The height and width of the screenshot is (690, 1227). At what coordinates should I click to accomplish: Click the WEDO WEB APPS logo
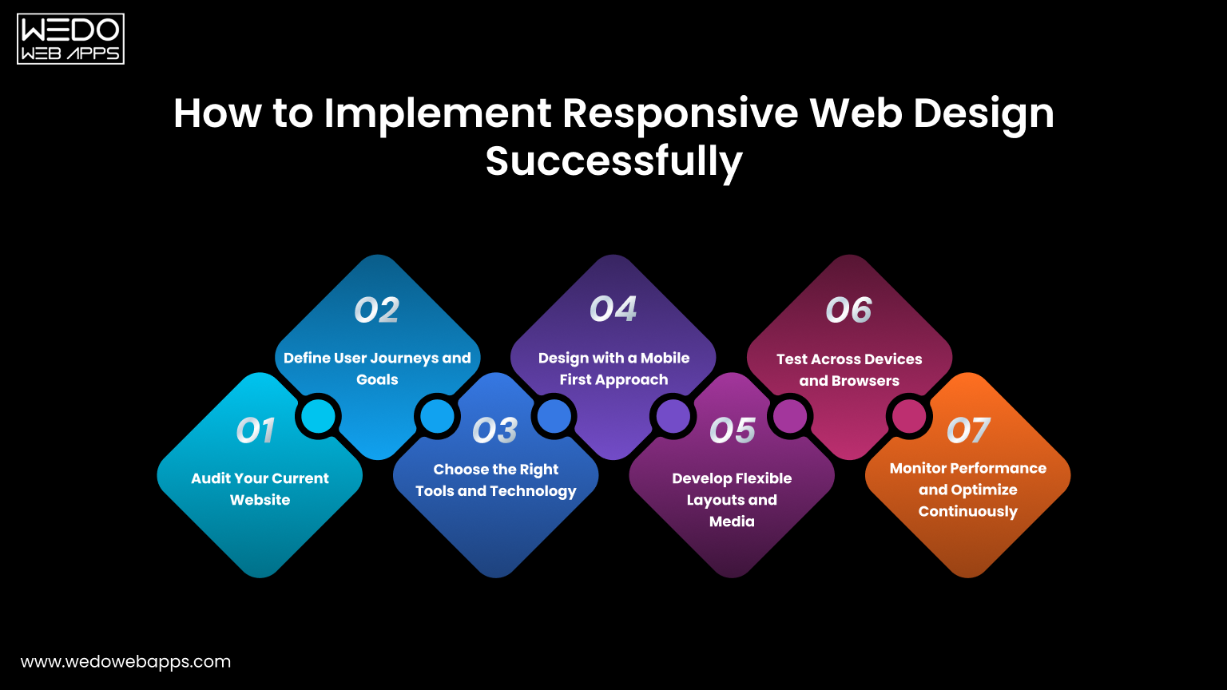pos(70,38)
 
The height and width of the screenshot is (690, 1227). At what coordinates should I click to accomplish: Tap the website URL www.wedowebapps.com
pos(125,662)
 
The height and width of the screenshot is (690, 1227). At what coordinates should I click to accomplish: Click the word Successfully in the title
pos(613,161)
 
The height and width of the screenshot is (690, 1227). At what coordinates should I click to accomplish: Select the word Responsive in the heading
pos(680,113)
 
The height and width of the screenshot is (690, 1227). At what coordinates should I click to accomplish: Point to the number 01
pos(256,431)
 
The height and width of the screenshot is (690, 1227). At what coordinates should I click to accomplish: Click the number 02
pos(377,311)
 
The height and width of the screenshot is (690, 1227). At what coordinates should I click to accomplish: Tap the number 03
pos(495,431)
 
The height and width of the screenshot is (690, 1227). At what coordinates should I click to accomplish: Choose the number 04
pos(613,310)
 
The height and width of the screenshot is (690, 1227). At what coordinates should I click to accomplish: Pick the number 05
pos(733,431)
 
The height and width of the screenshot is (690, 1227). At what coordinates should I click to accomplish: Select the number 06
pos(849,311)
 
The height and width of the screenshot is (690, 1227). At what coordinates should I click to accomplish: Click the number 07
pos(968,431)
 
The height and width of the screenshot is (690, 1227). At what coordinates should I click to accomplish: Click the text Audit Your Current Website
pos(260,489)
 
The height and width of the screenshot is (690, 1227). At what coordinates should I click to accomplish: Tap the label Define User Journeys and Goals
pos(377,368)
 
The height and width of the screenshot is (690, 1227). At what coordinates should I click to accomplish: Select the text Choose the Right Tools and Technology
pos(495,480)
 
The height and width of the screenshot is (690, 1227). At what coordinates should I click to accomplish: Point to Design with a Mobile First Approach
pos(613,368)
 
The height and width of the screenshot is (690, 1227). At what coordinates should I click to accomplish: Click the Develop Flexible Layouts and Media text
pos(732,499)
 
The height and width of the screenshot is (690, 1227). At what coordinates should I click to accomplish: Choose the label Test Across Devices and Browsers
pos(849,370)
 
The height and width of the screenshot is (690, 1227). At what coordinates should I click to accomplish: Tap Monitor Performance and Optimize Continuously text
pos(967,490)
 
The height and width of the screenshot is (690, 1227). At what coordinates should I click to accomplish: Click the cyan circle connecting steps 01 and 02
pos(319,416)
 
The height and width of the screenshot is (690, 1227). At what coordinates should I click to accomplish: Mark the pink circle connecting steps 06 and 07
pos(908,416)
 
